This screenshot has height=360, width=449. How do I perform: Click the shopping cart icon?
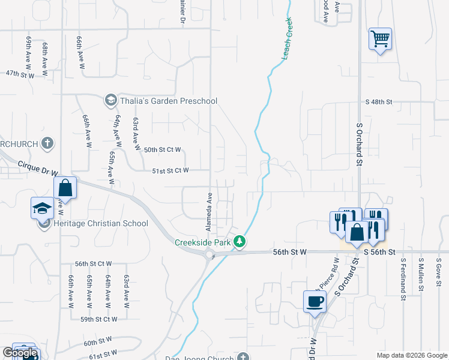(380, 40)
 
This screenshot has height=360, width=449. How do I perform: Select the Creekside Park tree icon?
(240, 242)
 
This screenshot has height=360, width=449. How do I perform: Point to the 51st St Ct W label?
(170, 170)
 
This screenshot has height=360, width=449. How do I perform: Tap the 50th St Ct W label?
(162, 149)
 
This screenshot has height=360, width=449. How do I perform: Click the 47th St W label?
(20, 74)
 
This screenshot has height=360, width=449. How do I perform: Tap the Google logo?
(20, 353)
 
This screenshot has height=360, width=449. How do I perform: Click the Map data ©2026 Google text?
(412, 355)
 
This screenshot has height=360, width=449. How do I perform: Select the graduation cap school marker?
(43, 208)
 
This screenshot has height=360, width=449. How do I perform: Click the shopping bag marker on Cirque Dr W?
(65, 187)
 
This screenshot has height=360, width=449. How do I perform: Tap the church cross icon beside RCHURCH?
(48, 143)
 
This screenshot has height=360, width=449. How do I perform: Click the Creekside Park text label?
(203, 242)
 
